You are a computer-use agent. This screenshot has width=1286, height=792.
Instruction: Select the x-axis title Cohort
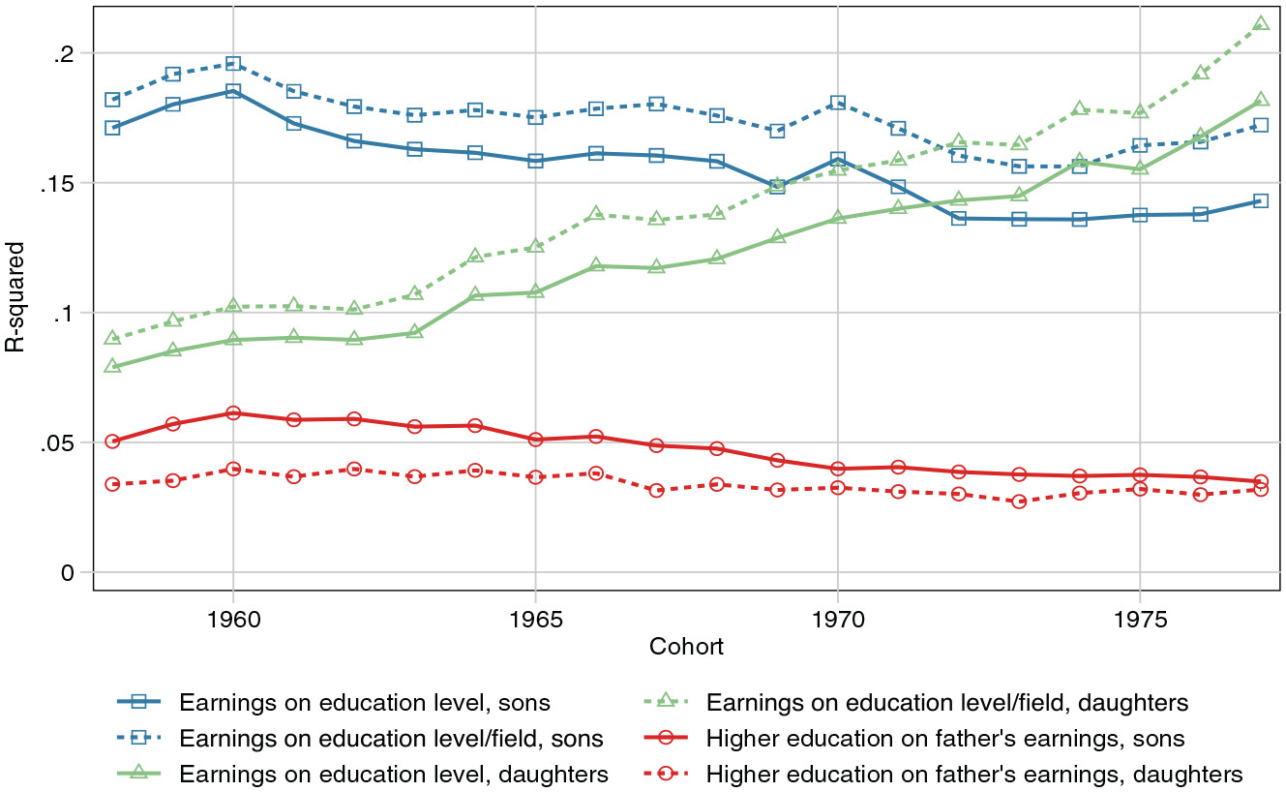tap(686, 647)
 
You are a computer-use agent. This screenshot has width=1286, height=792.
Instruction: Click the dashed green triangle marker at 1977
tap(1261, 23)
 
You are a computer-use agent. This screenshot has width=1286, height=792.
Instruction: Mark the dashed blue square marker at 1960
tap(232, 64)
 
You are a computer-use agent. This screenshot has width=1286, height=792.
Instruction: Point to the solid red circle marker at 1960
tap(232, 413)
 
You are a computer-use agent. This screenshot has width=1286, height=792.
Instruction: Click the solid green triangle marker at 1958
tap(112, 366)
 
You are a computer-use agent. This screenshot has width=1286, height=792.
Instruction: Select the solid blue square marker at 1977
tap(1261, 201)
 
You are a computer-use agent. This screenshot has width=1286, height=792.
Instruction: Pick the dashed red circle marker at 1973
tap(1019, 502)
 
